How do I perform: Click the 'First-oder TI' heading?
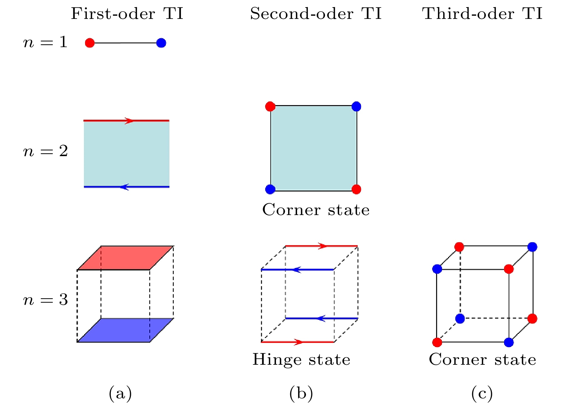tap(127, 14)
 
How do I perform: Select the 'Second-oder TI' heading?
tap(316, 14)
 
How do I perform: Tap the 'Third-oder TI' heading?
tap(482, 14)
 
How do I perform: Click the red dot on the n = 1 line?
tap(90, 43)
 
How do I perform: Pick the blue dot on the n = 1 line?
tap(161, 43)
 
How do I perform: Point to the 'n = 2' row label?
tap(45, 151)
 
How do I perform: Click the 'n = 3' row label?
tap(45, 300)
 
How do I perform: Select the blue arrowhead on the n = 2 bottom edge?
tap(124, 187)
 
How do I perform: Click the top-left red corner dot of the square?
tap(270, 106)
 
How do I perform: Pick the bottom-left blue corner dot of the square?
tap(270, 189)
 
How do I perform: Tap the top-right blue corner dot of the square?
tap(356, 106)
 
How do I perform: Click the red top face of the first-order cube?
tap(125, 258)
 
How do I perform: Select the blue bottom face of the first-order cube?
tap(125, 330)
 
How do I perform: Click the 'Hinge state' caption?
tap(301, 360)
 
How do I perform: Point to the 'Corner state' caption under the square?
tap(316, 210)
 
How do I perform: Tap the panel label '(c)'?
tap(482, 393)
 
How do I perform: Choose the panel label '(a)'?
tap(120, 393)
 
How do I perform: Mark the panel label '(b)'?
tap(301, 393)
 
